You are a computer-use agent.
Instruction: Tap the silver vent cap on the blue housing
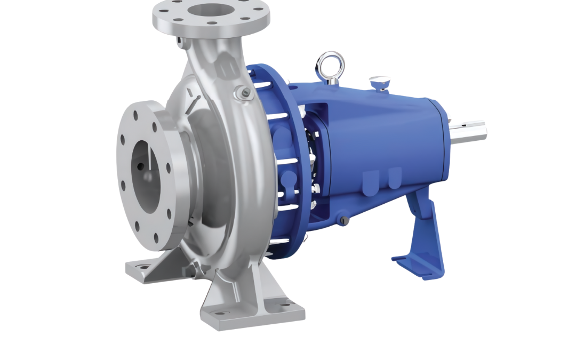pos(380,82)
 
